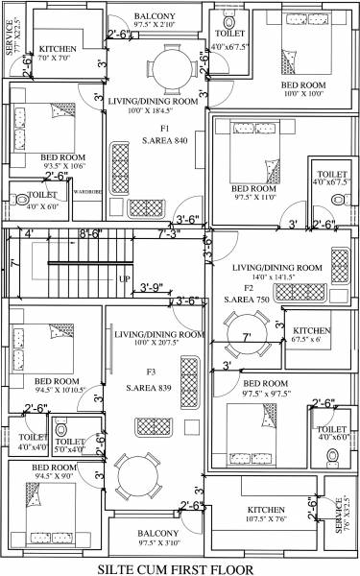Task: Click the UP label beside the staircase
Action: tap(124, 278)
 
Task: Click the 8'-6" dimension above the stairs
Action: tap(91, 232)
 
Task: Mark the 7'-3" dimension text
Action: tap(169, 232)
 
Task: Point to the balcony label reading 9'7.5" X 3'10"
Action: tap(156, 539)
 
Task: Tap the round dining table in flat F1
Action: tap(173, 67)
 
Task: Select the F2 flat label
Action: tap(248, 287)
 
